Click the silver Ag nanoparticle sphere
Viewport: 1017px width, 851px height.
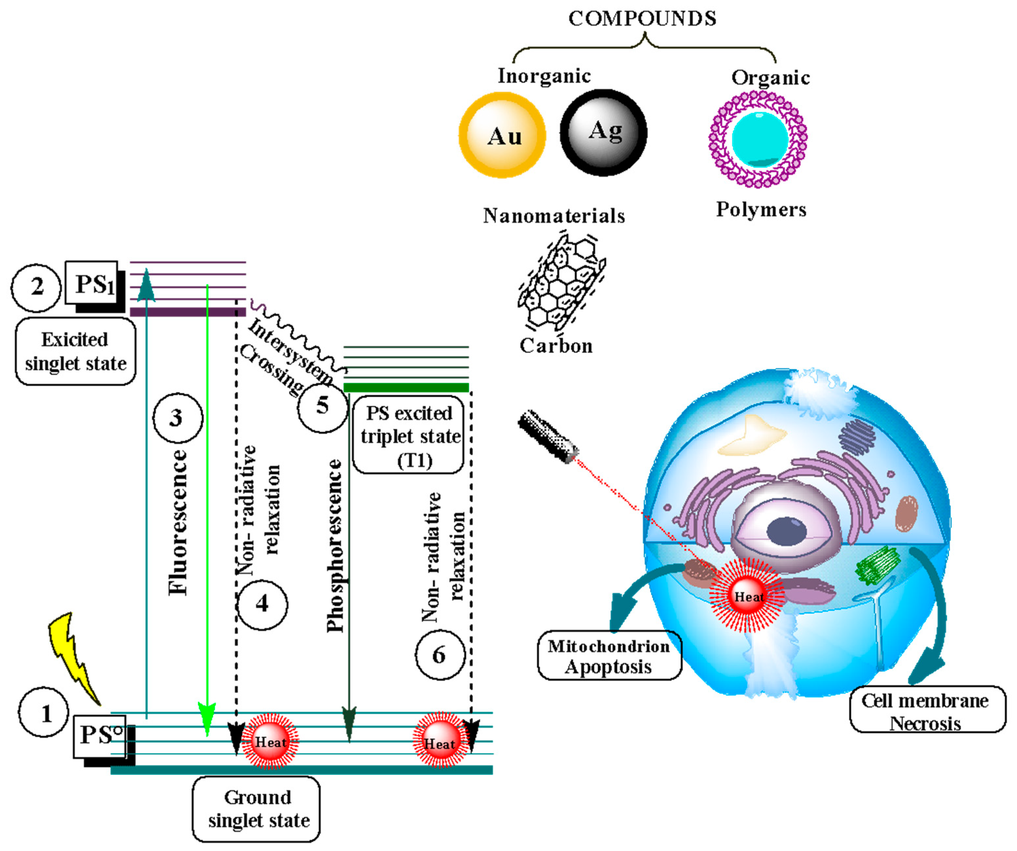603,132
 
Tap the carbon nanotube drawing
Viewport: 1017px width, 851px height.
562,286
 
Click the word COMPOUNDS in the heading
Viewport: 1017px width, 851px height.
642,18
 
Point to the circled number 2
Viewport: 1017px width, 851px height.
36,287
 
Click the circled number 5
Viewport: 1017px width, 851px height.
322,406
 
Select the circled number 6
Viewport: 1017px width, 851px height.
440,655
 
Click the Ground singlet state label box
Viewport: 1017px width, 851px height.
256,809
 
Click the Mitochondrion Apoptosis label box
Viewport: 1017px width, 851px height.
609,656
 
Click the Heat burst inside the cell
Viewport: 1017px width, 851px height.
747,596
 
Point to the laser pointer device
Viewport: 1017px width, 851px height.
547,436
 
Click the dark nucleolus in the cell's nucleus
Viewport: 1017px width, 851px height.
787,531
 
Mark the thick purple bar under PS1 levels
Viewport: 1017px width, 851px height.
188,312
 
